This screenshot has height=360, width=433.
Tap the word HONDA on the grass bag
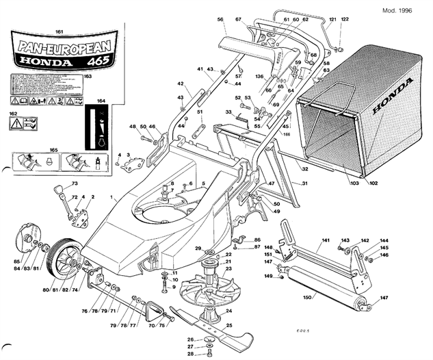tap(393, 96)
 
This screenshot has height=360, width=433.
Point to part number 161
tap(59, 32)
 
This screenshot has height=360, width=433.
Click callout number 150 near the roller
tap(308, 297)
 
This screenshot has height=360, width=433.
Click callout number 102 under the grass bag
tap(373, 183)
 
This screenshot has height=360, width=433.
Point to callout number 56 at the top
tap(220, 20)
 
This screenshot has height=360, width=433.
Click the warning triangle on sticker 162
tap(16, 123)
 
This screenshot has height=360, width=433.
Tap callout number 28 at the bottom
tap(191, 354)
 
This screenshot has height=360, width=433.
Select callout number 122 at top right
tap(345, 19)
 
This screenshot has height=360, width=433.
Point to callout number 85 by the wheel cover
tap(16, 260)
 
